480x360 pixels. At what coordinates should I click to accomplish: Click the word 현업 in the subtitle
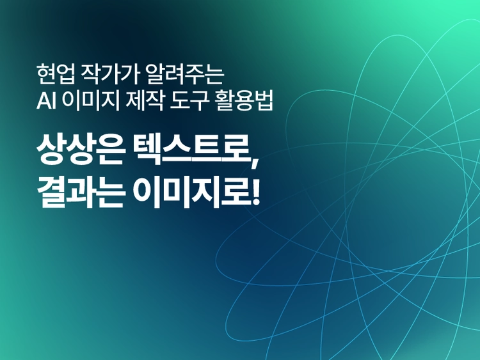coord(56,74)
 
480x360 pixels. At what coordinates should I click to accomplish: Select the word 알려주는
coord(185,74)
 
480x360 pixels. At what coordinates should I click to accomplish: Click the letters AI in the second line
coord(46,100)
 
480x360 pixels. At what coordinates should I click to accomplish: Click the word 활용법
coord(244,100)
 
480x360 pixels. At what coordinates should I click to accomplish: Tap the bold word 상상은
coord(80,150)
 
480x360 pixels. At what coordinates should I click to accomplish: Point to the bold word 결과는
coord(80,192)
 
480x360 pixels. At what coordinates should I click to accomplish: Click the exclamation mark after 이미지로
coord(256,192)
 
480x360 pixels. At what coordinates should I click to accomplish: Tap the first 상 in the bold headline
coord(51,150)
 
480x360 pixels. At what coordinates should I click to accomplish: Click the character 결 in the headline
coord(51,192)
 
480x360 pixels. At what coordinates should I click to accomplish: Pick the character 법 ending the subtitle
coord(264,100)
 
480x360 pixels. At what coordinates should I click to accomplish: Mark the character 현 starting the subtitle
coord(45,74)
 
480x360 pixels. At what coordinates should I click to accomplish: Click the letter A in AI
coord(44,100)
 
